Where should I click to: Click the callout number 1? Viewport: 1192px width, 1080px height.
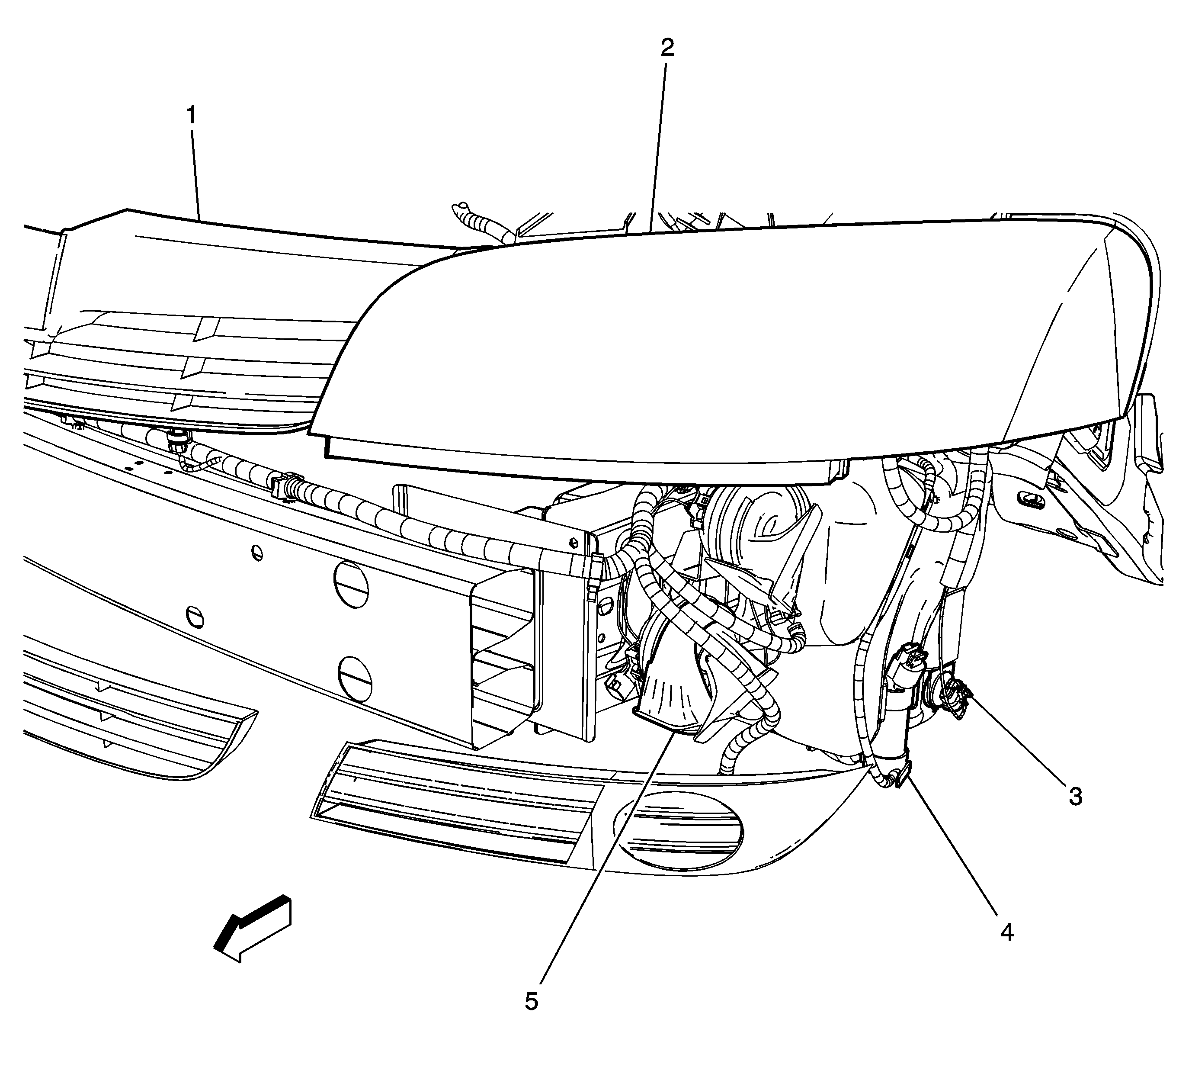pos(191,116)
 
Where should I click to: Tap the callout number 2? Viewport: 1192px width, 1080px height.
pos(667,47)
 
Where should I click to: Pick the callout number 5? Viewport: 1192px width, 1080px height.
pos(532,1001)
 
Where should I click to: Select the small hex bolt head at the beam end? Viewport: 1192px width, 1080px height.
pos(573,542)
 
